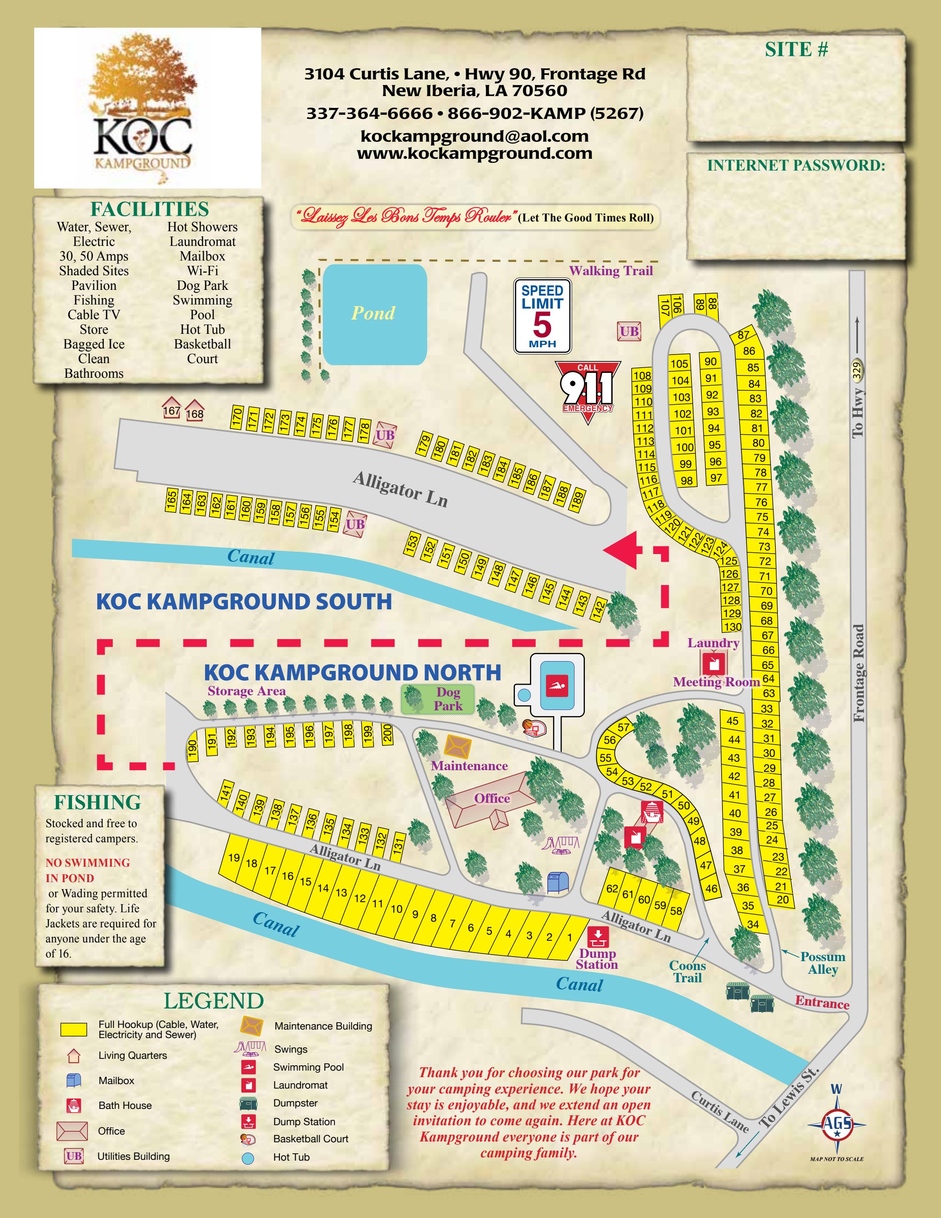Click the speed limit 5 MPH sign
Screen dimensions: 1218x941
point(542,315)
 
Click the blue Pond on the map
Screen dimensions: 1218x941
point(374,314)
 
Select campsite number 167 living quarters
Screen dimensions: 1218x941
point(171,408)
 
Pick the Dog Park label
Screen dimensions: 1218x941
point(448,699)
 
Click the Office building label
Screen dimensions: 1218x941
point(492,798)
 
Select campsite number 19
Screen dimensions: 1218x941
point(234,858)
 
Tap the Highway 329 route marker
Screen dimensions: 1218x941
point(857,370)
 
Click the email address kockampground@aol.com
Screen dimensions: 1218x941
point(475,136)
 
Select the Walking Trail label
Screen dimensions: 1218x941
point(611,271)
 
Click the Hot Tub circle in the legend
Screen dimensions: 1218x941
point(248,1158)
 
